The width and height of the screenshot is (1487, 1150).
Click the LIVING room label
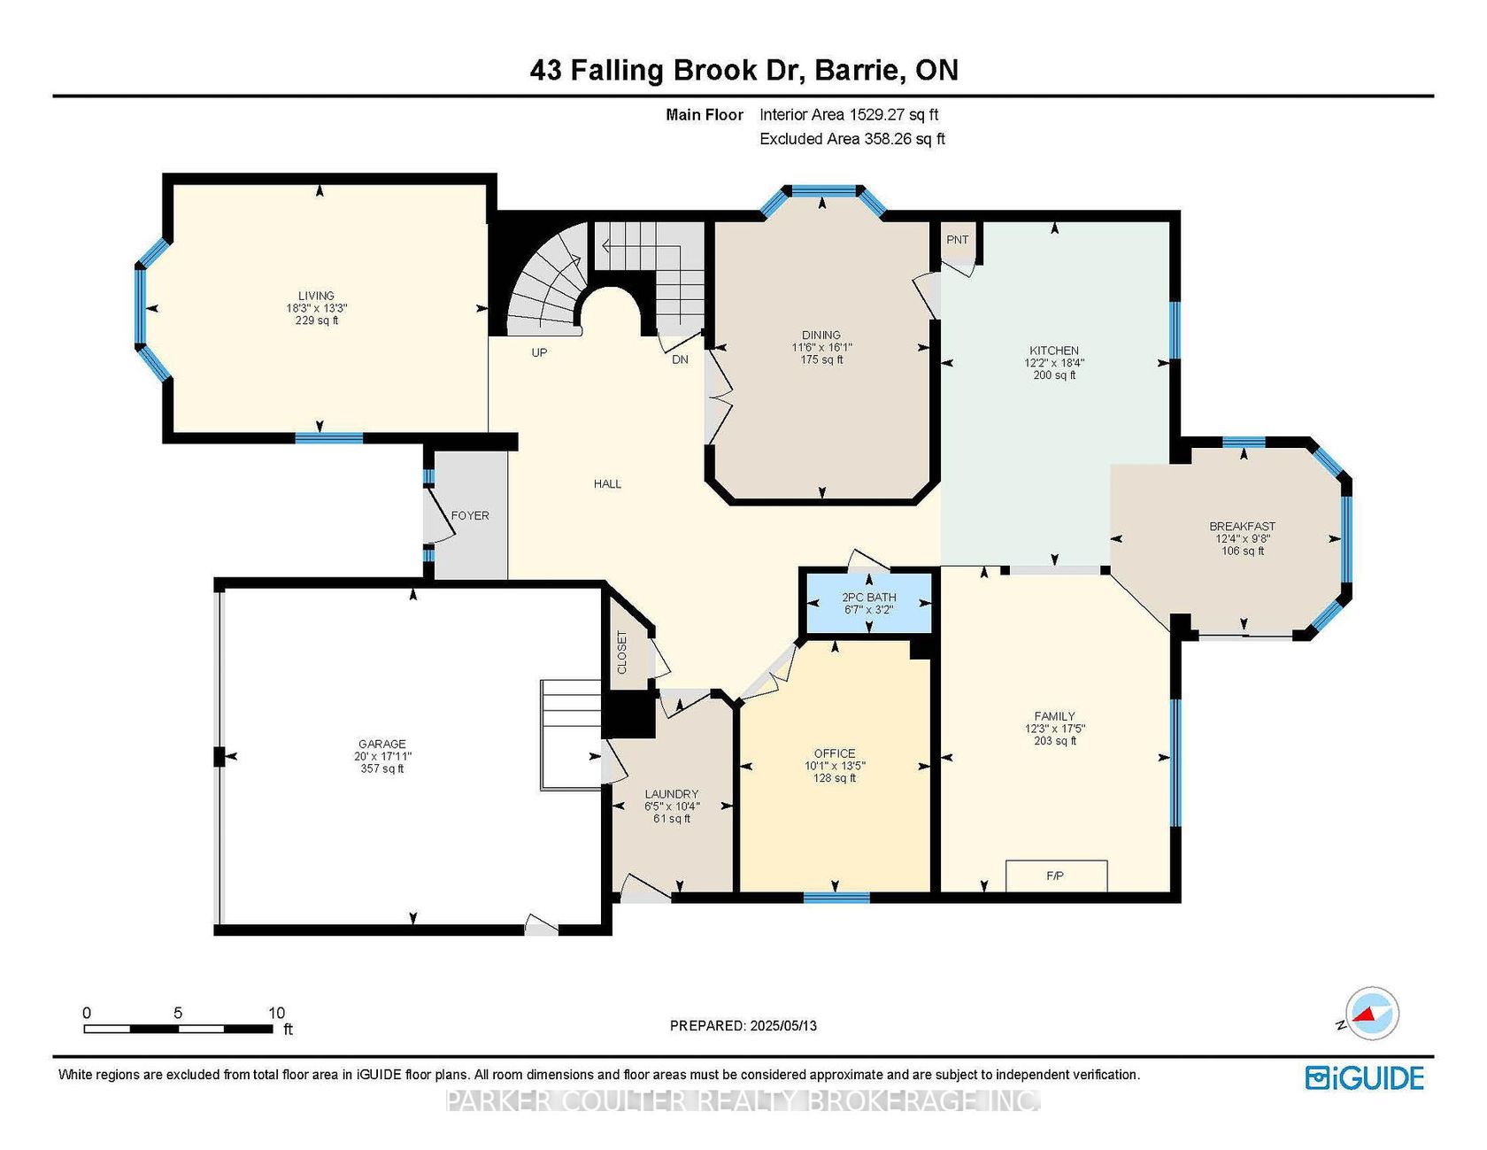(316, 296)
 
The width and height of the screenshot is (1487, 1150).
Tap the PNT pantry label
(958, 240)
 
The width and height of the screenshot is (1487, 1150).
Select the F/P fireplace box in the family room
(1056, 876)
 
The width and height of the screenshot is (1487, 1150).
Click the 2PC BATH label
(869, 598)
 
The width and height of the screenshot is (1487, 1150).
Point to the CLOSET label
(621, 652)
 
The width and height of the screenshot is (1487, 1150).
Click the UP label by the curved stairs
(539, 352)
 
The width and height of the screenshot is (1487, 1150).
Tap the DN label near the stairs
(680, 359)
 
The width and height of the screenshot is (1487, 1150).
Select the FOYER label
(470, 515)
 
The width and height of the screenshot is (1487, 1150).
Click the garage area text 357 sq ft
(382, 768)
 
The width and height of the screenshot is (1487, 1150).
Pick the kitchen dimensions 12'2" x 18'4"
(1054, 363)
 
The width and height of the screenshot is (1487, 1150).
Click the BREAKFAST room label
(1243, 527)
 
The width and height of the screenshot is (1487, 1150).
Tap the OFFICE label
(835, 754)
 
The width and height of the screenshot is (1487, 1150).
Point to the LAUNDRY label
(672, 794)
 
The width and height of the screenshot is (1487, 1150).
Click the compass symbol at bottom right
(1371, 1014)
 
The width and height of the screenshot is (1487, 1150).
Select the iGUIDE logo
(1365, 1078)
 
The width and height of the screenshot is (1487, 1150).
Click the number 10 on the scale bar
(276, 1013)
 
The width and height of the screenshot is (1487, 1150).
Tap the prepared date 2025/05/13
(783, 1026)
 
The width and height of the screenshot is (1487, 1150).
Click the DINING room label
(821, 335)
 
